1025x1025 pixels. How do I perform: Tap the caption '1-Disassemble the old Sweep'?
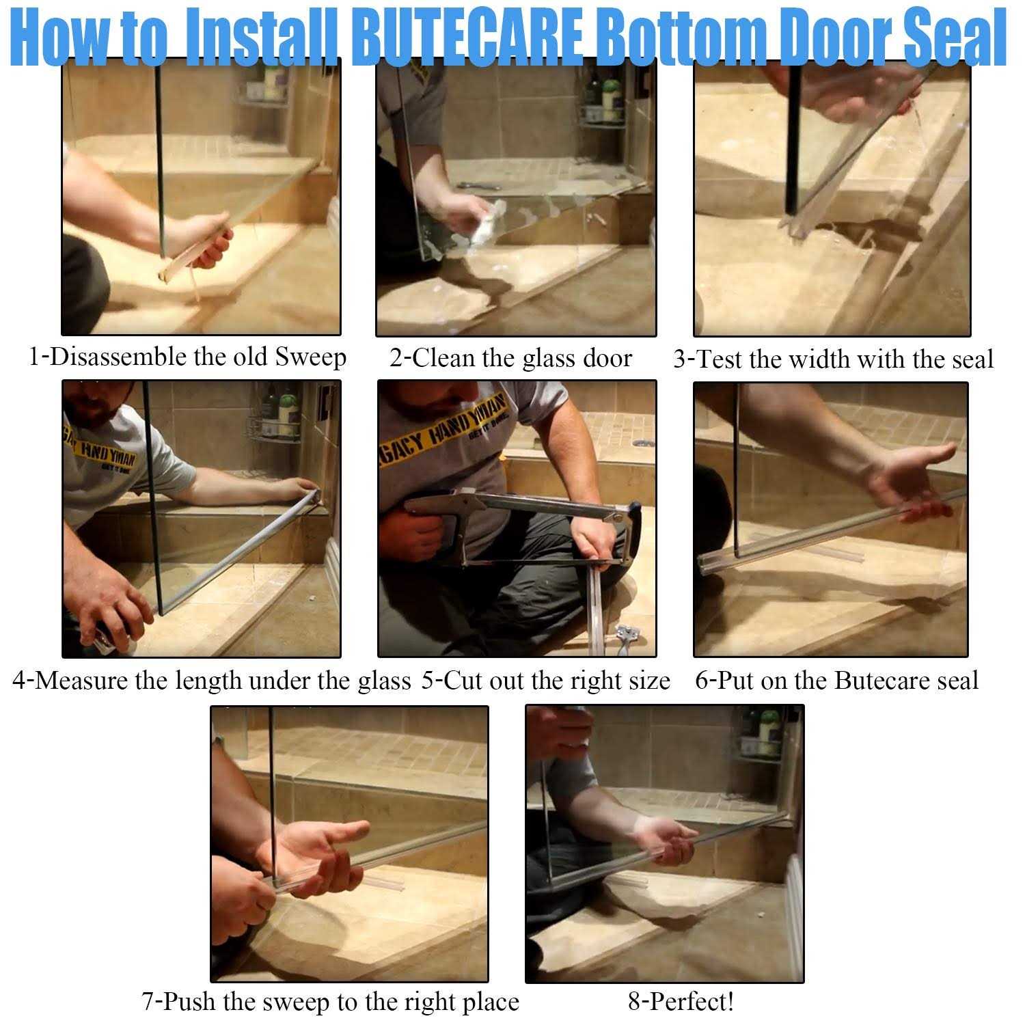(x=187, y=357)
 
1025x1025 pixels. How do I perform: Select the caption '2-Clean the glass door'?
(x=510, y=358)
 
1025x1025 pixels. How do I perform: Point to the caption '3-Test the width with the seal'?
(x=832, y=359)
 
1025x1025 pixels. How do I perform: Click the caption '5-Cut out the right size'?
(x=545, y=681)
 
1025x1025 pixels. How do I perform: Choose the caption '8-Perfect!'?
(x=681, y=1002)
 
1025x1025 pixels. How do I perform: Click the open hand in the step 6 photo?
(x=916, y=478)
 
